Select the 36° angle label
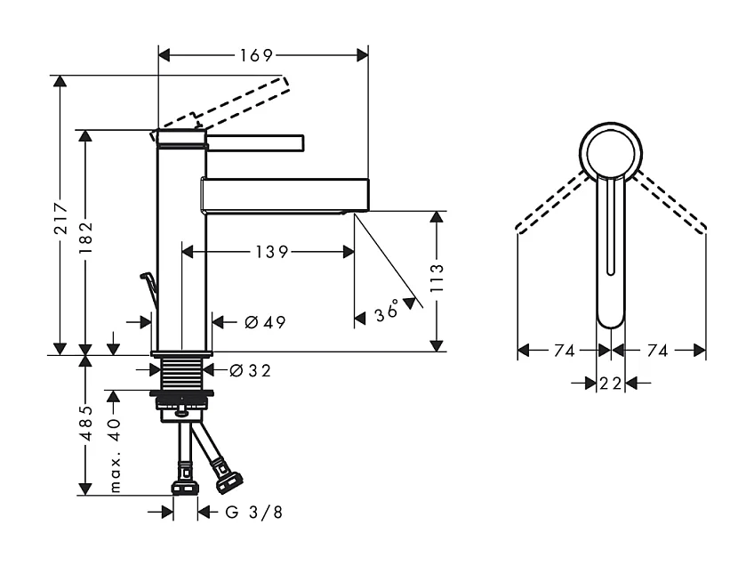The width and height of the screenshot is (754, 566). point(388,312)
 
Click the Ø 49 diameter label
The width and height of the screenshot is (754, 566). point(264,322)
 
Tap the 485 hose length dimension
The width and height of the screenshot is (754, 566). point(85,424)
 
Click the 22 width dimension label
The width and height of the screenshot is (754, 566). point(610,384)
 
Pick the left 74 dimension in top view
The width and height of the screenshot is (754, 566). point(564,351)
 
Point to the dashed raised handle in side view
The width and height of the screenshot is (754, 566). point(240,100)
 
